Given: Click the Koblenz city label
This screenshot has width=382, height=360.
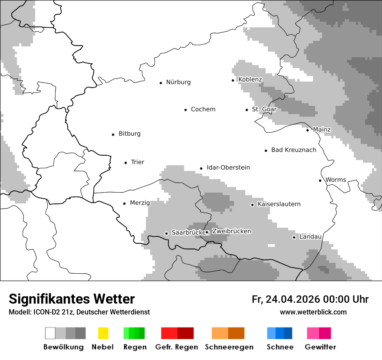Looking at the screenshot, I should coord(250,79).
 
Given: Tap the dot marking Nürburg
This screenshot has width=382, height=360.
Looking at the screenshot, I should coord(161,83).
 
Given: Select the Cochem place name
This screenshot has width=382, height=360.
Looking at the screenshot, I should coord(203,109).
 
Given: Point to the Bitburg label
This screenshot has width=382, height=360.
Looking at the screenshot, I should coord(129,134).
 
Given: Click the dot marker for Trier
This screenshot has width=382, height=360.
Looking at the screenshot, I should coord(125,163).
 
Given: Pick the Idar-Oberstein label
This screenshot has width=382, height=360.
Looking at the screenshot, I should coord(228,167).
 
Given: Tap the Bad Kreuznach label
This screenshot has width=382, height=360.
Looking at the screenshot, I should coord(293,150).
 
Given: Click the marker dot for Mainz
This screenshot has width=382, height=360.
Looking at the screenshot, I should coord(307,130).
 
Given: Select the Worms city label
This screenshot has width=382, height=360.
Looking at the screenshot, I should coord(336,180).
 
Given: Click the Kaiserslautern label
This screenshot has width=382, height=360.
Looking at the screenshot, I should coord(279,204).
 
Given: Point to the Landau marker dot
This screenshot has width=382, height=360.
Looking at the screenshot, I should coord(294,237).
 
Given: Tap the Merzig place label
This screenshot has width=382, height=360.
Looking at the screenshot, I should coord(140,203).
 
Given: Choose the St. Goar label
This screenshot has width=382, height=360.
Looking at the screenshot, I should coord(264,109).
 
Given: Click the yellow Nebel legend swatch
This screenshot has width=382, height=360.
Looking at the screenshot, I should coord(103,333).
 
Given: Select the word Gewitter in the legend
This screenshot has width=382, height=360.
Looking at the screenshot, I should coord(320,347).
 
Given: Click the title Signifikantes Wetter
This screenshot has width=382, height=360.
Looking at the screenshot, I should coord(72,299).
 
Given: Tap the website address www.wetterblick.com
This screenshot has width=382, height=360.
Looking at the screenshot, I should coord(313,312).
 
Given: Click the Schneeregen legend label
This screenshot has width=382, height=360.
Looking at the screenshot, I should coord(229,347).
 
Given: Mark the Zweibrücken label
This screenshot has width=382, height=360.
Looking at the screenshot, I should coord(231,231).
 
